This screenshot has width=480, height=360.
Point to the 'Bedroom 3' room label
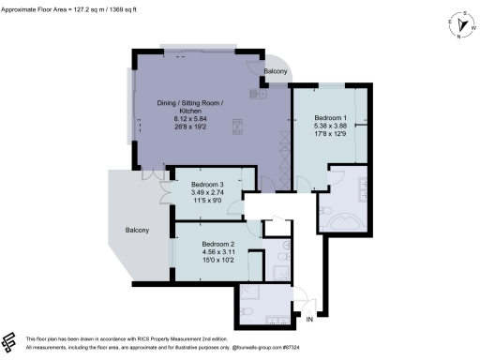point(208,185)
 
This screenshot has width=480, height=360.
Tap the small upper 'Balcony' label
point(275,71)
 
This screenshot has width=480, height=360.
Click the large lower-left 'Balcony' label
point(138,230)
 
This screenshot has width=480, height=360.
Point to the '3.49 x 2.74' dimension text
point(208,192)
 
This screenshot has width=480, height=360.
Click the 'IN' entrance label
point(308,321)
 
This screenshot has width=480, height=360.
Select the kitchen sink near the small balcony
point(260,94)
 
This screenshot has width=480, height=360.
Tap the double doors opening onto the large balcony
point(146,176)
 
